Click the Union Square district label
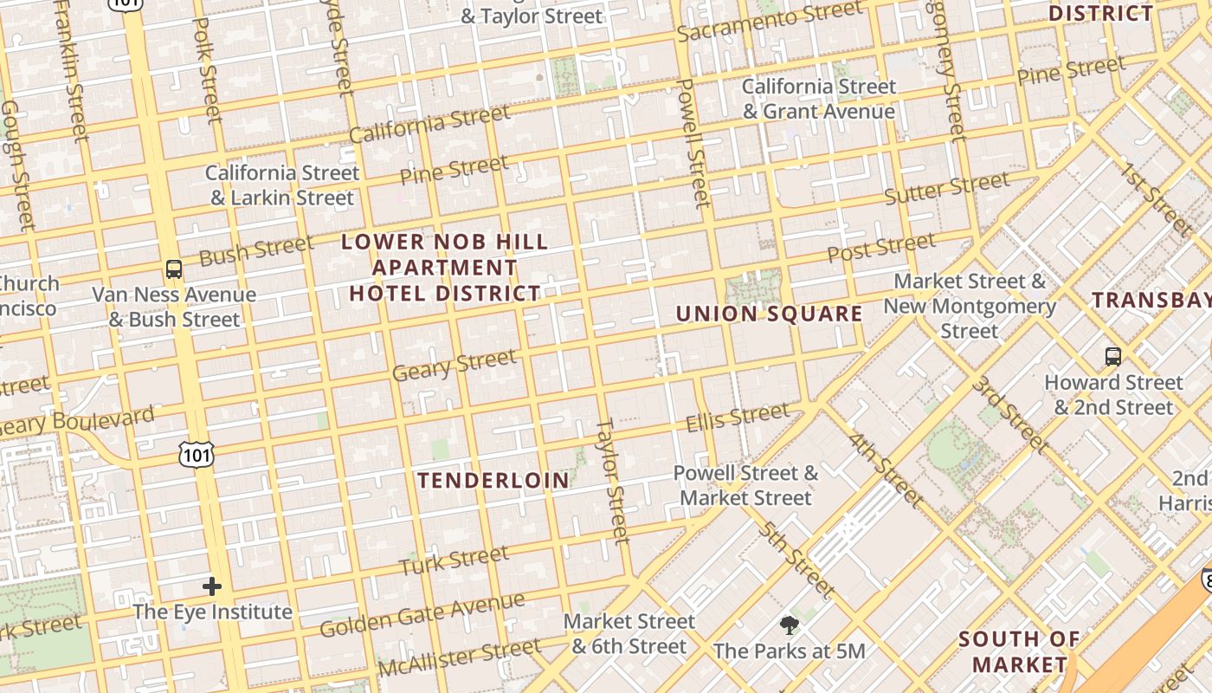point(769,314)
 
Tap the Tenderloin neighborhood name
point(493,481)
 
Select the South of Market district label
point(1019,652)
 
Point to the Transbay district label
point(1151,301)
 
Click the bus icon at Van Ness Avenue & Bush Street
point(174,269)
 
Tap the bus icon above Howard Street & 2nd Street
point(1112,356)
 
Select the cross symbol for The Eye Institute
point(212,587)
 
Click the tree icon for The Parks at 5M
point(789,625)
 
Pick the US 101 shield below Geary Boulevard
point(197,453)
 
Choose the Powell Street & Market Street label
point(745,485)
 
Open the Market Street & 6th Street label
point(629,633)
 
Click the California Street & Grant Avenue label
point(819,99)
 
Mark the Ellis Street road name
point(738,418)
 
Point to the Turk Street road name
point(454,561)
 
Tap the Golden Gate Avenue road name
point(422,614)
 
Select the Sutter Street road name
point(946,188)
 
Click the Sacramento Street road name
point(770,22)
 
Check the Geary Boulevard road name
point(78,422)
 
